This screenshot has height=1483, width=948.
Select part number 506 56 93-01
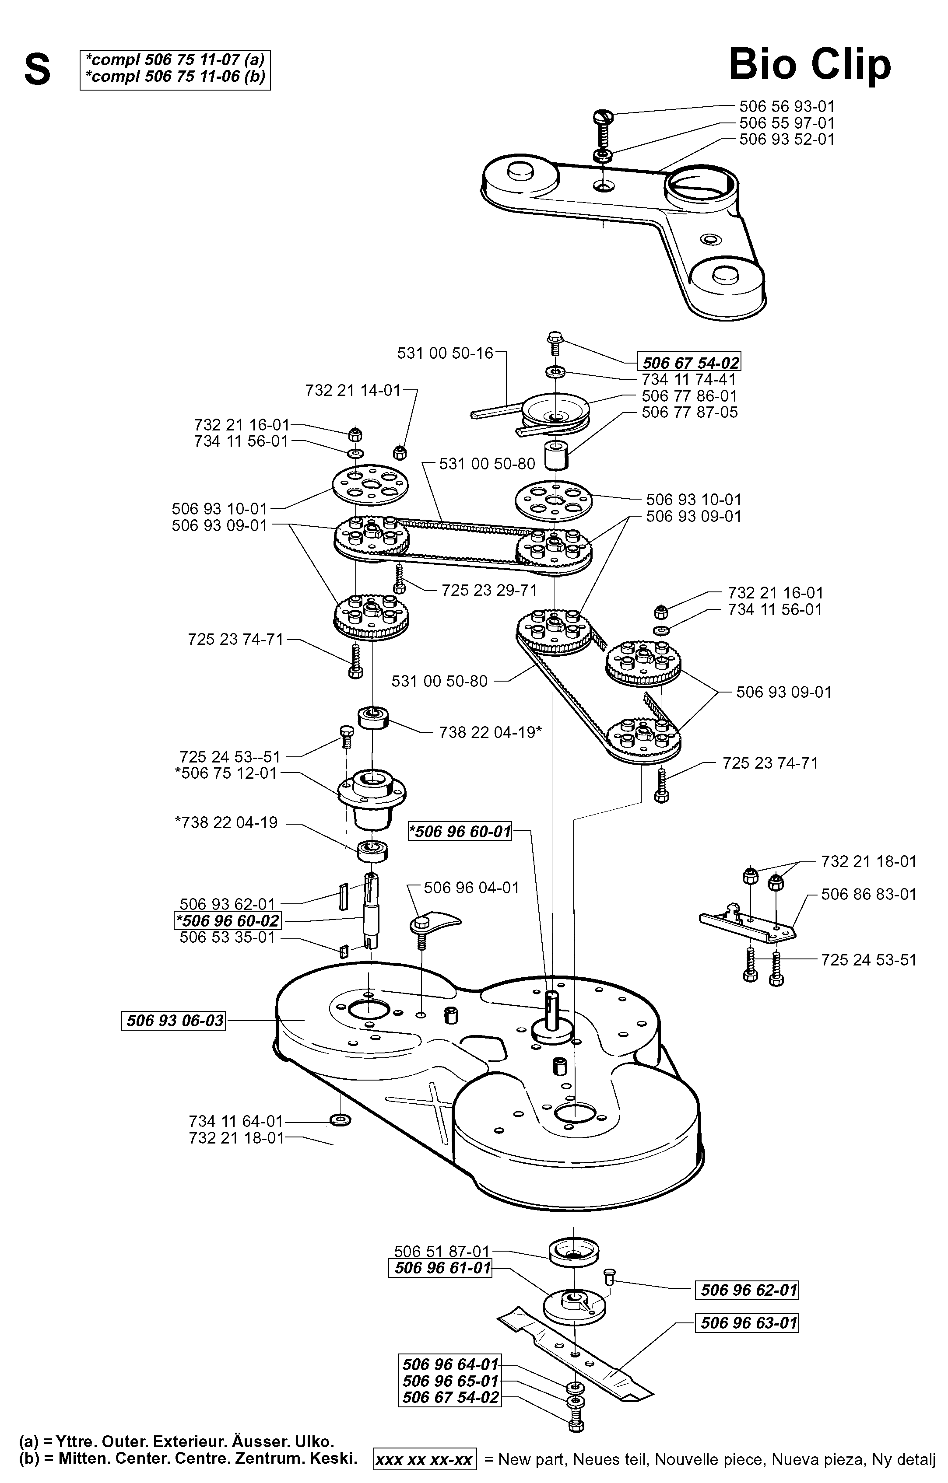[786, 107]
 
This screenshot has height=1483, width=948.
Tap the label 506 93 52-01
[786, 139]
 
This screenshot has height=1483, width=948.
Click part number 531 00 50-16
[446, 353]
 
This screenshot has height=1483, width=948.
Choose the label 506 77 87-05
[689, 412]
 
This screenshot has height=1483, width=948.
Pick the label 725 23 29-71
[489, 591]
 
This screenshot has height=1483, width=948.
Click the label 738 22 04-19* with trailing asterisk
[490, 732]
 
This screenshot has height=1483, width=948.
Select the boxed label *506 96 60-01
[460, 832]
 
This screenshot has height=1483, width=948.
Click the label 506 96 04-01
[471, 888]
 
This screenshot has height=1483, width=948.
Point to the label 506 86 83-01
[868, 894]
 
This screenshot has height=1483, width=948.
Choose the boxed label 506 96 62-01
[747, 1290]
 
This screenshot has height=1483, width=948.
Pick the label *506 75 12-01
[226, 772]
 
